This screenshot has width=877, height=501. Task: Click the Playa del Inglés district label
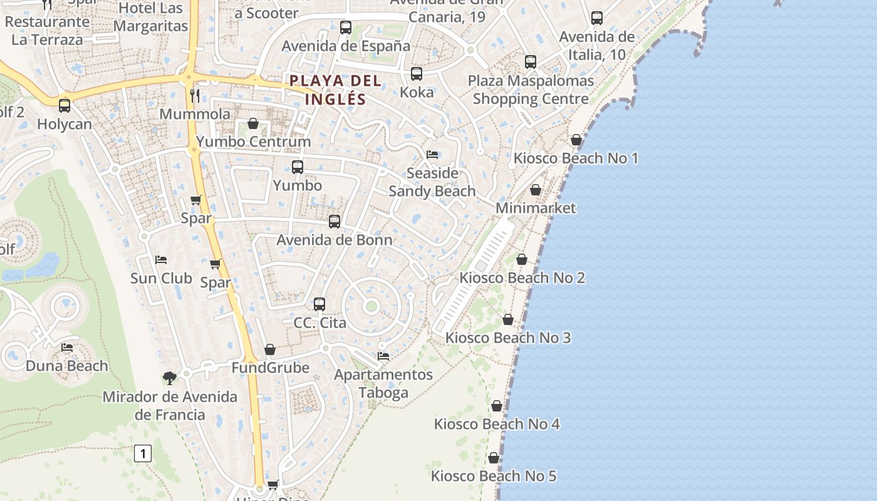[x=335, y=90]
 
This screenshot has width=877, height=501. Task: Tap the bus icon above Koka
[x=417, y=74]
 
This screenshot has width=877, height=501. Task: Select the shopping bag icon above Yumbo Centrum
[x=253, y=123]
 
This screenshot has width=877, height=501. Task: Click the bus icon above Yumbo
[x=298, y=167]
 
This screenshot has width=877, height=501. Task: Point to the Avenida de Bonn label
[x=335, y=240]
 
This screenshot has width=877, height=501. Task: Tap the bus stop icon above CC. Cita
[x=319, y=304]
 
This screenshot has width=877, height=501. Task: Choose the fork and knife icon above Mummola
[x=195, y=95]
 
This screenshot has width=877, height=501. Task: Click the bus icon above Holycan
[x=65, y=106]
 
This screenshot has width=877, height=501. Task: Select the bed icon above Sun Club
[x=161, y=260]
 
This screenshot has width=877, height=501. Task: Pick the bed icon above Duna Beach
[x=67, y=348]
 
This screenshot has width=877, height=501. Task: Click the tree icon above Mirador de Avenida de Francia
[x=169, y=378]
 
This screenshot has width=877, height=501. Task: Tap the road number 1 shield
[x=143, y=453]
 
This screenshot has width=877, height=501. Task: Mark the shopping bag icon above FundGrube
[x=270, y=349]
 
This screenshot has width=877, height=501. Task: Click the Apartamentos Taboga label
[x=383, y=383]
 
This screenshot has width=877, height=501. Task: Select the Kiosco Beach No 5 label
[x=494, y=476]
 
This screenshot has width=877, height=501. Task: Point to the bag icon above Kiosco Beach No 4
[x=497, y=406]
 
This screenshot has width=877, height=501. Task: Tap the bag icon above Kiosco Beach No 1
[x=576, y=140]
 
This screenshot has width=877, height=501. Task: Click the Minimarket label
[x=536, y=208]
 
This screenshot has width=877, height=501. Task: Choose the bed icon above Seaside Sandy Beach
[x=432, y=155]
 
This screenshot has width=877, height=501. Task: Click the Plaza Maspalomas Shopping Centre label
[x=531, y=90]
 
